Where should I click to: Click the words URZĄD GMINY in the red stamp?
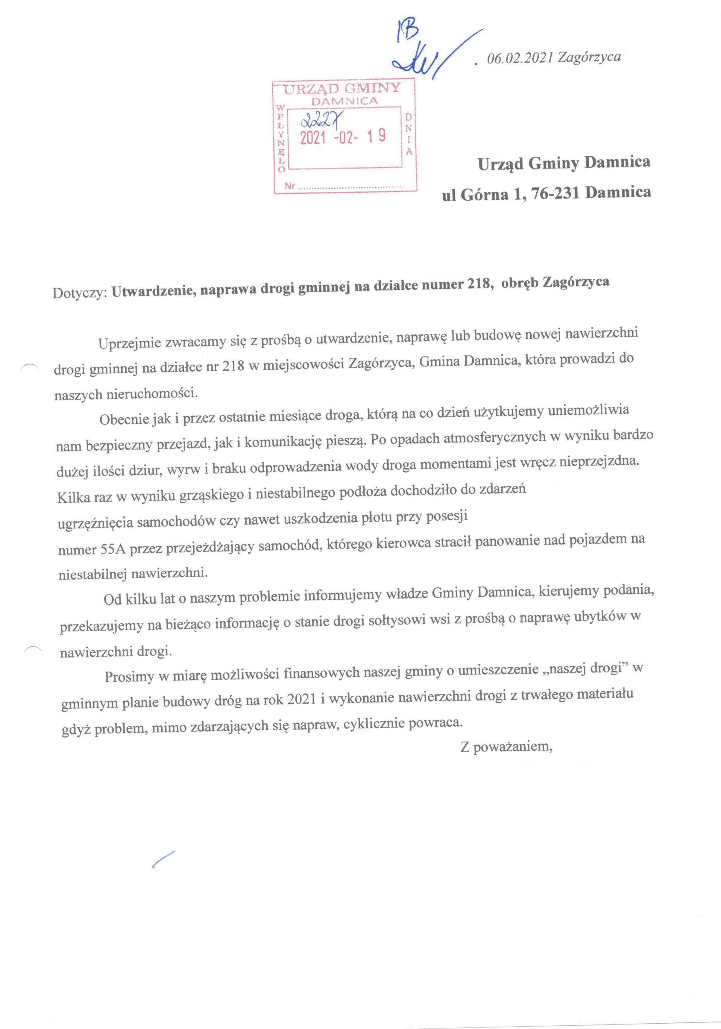(x=342, y=89)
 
